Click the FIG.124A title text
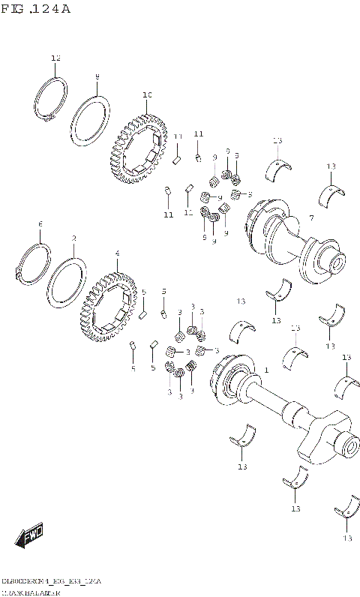[x=36, y=9]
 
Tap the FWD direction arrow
[x=31, y=535]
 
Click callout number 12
[x=55, y=58]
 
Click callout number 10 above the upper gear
[x=147, y=94]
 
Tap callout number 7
[x=310, y=217]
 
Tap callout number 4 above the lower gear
[x=117, y=253]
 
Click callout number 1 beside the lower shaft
[x=265, y=370]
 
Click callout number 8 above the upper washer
[x=97, y=76]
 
